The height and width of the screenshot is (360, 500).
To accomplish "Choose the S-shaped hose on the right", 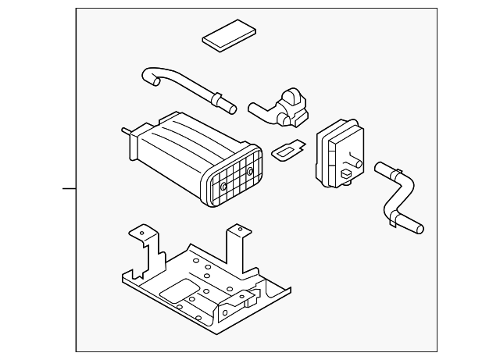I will pos(400,197).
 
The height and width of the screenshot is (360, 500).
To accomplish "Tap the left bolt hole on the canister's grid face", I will pos(223,187).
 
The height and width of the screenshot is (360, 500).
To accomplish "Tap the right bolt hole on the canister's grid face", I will pos(250,170).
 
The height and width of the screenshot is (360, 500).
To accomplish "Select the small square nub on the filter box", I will pos(345,169).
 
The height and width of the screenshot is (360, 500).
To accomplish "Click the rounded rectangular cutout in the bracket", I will pos(179,291).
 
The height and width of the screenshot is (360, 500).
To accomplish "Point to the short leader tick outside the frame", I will pos(69,188).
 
